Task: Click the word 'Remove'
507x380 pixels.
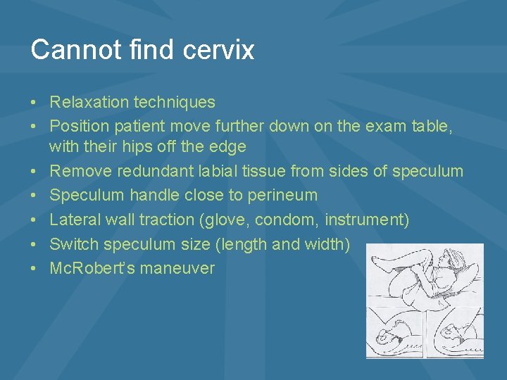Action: coord(81,171)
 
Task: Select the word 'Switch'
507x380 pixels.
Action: coord(74,244)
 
